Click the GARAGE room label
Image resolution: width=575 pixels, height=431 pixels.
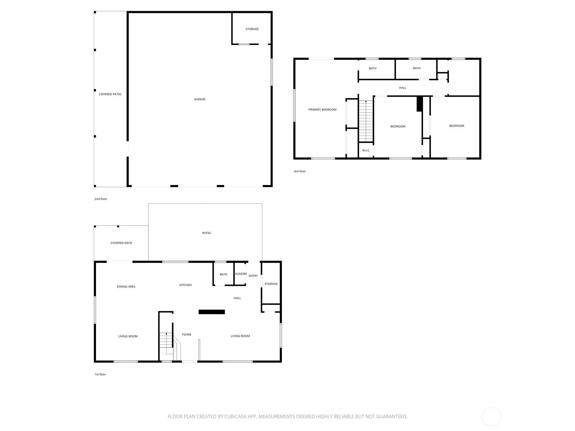(199, 99)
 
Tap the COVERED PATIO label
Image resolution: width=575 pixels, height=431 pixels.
(110, 94)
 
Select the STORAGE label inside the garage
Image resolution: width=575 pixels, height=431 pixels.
(252, 29)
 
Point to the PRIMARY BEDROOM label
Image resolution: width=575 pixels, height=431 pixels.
(322, 110)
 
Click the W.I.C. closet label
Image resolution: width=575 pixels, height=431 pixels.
(366, 150)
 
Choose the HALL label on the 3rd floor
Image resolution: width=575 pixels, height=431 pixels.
(402, 88)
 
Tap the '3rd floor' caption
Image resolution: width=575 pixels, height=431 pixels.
(300, 171)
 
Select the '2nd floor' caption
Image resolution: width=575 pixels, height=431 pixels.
(101, 199)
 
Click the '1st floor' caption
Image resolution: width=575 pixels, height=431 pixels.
(100, 374)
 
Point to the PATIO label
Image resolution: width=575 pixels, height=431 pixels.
(206, 233)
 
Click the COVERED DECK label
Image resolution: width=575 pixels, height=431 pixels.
(121, 243)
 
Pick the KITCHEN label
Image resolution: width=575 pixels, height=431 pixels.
(185, 285)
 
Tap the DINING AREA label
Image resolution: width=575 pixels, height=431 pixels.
(126, 287)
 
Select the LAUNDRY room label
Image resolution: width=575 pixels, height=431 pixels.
(241, 274)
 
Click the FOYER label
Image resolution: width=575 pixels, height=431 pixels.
(187, 334)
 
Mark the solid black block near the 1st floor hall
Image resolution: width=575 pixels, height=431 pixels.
(212, 312)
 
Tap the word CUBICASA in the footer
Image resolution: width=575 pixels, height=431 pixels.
(235, 416)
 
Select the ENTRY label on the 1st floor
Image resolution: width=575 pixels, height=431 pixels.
(253, 276)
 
